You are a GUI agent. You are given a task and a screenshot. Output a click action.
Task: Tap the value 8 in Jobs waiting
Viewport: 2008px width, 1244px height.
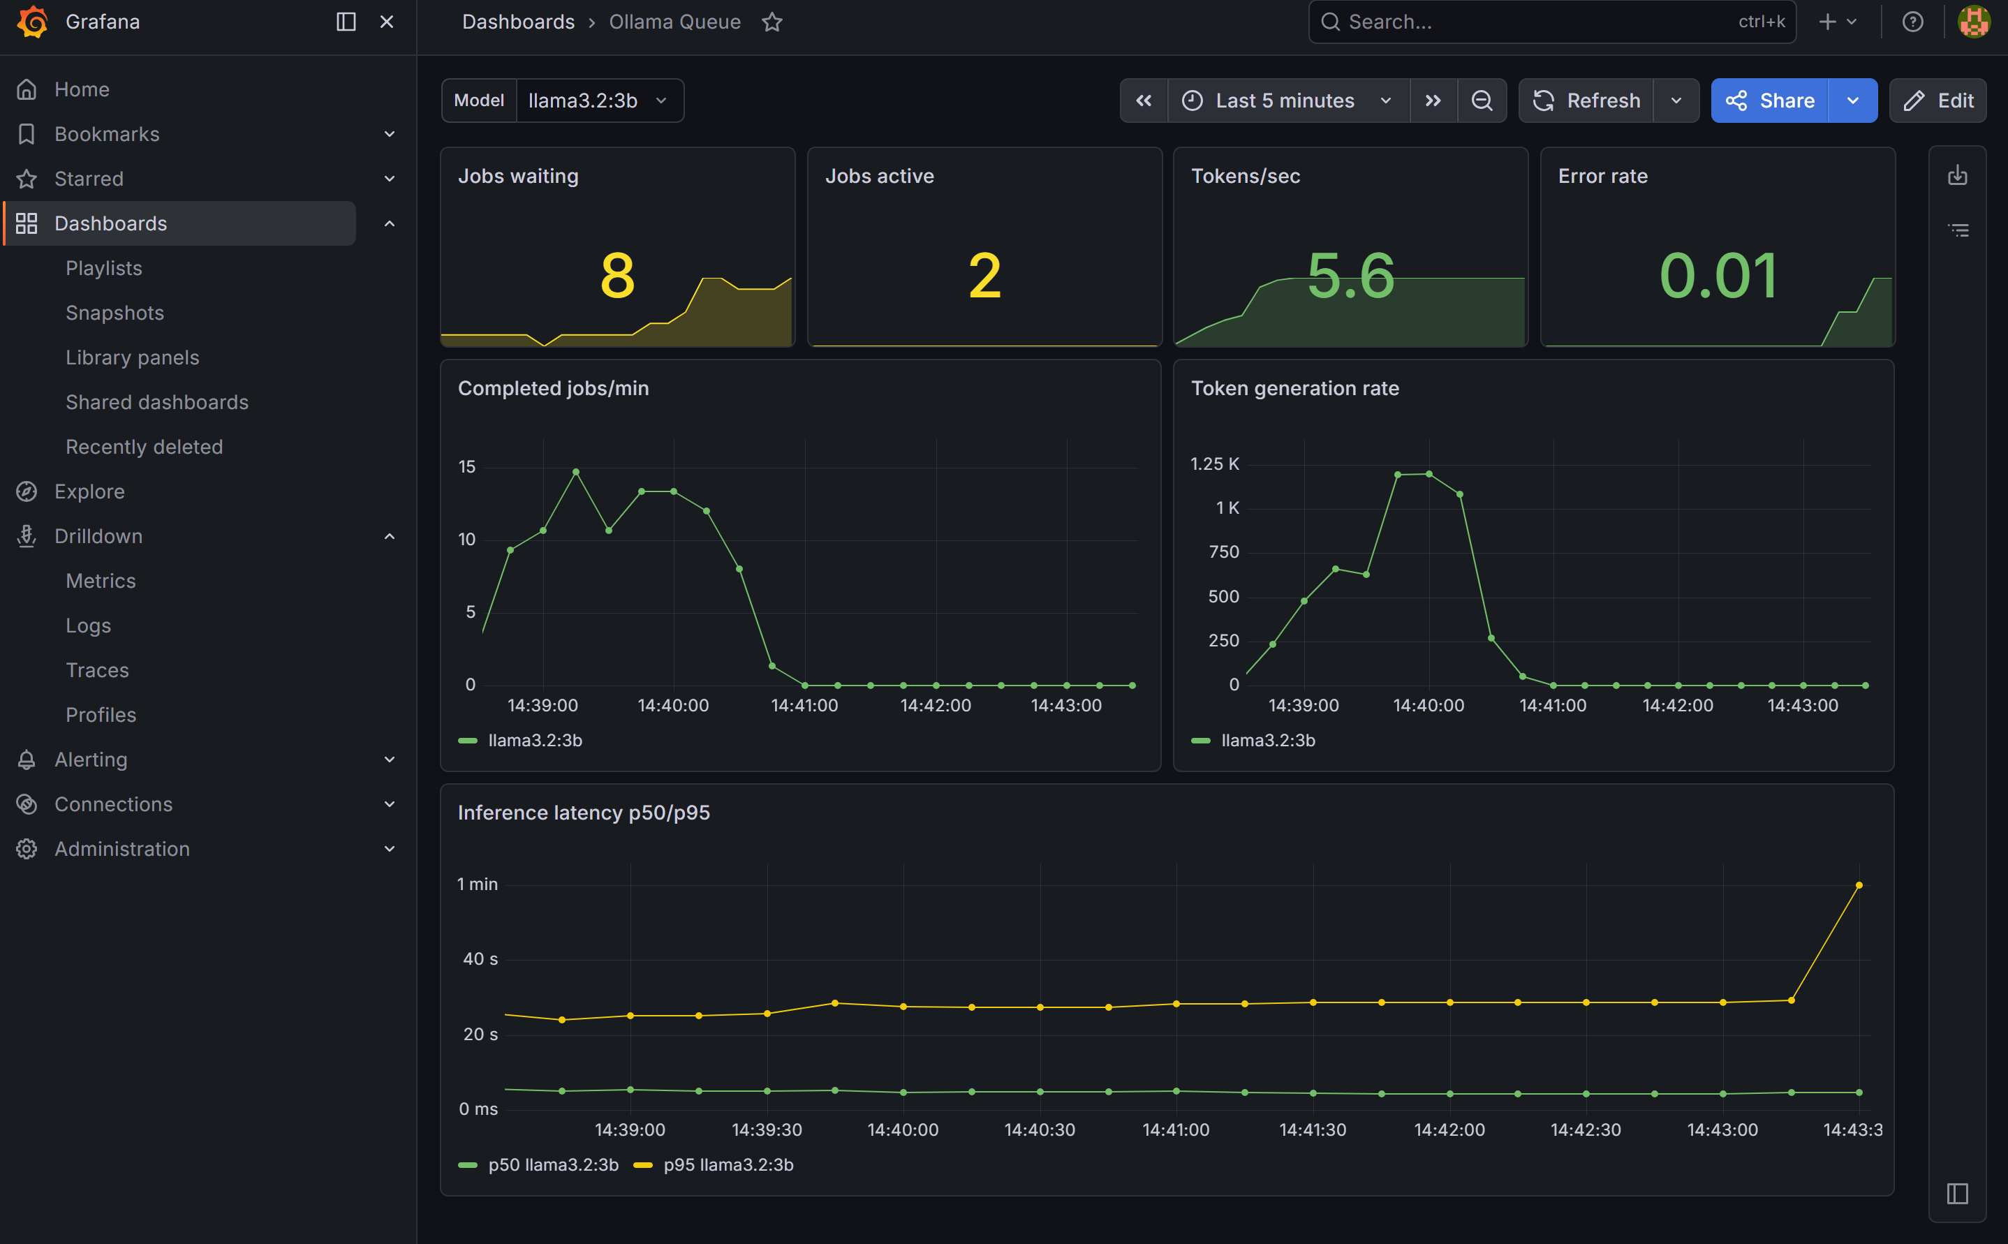617,276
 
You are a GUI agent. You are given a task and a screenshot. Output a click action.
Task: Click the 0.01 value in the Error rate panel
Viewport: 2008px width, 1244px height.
1718,276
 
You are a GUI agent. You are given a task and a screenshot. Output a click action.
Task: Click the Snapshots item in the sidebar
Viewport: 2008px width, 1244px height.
115,313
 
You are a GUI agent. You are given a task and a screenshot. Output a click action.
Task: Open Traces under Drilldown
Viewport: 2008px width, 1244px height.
97,669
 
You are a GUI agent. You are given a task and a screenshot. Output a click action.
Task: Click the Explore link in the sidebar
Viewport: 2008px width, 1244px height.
89,491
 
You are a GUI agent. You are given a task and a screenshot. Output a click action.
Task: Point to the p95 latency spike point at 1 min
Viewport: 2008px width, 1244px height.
1859,885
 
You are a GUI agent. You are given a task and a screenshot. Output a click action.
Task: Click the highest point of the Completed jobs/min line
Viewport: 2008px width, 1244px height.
576,472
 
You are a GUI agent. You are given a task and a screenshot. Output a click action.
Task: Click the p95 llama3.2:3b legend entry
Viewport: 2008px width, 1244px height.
728,1164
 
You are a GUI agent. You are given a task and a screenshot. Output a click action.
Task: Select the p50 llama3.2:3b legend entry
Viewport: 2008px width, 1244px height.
553,1164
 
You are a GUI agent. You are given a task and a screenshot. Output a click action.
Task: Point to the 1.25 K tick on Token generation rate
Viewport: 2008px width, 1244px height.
1214,464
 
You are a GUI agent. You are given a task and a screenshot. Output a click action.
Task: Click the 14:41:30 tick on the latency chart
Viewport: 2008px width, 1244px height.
1312,1130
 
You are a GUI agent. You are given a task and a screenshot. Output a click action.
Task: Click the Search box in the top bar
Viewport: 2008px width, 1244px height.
1538,22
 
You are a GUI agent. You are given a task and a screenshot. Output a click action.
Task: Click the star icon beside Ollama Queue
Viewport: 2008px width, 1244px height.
772,22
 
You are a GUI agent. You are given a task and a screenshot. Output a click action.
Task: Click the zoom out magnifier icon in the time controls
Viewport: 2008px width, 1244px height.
1482,101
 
